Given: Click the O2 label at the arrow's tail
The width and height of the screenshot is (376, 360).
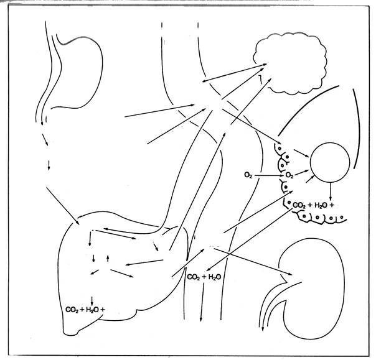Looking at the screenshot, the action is [248, 175].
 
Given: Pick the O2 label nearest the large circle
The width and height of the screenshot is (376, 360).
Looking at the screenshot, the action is [289, 175].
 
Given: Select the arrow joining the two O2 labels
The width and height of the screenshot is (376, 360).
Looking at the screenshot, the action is [269, 175].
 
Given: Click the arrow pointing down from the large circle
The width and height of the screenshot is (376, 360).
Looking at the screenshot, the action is [331, 192].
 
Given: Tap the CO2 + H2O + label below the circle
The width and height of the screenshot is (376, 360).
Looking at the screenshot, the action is [313, 205].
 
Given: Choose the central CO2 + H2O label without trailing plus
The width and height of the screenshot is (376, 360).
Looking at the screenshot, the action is [204, 277].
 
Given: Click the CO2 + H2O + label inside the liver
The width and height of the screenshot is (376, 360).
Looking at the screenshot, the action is [85, 310].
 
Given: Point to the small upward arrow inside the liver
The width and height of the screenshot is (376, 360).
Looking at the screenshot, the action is [108, 258].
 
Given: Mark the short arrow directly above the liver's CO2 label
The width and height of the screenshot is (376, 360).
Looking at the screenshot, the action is [92, 301].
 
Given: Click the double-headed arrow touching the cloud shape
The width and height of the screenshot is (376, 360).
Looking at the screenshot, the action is [234, 73].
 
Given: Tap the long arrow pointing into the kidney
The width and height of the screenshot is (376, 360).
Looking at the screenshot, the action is [253, 262].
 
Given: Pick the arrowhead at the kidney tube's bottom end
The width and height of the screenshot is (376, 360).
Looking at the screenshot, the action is [263, 329].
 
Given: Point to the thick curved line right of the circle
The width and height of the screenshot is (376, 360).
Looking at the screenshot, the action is [357, 129].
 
